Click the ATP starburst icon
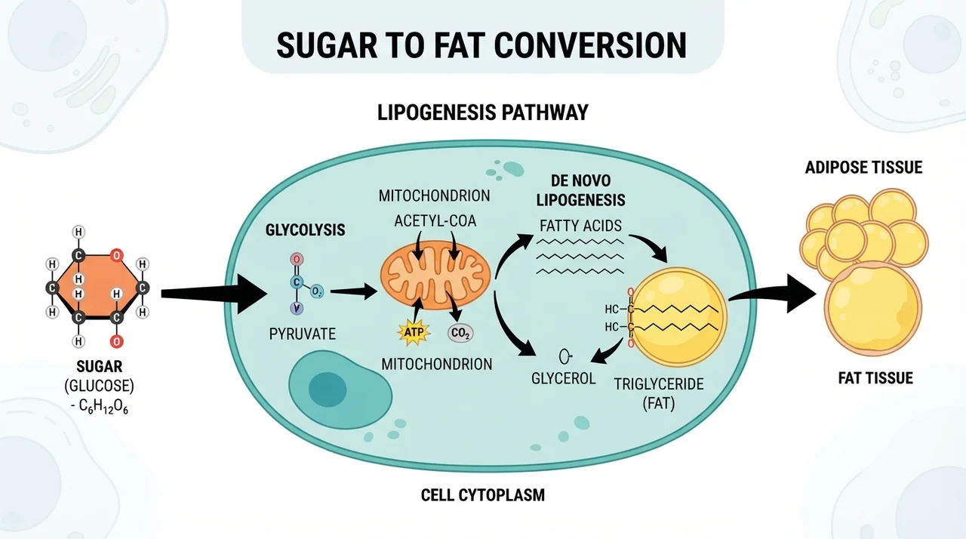pos(414,332)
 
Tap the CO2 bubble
pos(460,333)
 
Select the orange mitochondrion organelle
pos(435,275)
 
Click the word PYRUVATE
pos(303,334)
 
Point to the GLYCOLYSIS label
pos(305,229)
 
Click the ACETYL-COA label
pos(435,221)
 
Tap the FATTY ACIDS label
pos(580,226)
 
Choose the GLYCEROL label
pos(563,379)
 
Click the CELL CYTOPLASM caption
pos(482,495)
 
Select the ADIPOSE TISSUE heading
pos(863,168)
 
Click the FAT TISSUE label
pos(875,378)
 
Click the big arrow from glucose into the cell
pos(214,294)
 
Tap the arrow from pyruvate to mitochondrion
pos(354,292)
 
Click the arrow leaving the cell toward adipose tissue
pos(772,294)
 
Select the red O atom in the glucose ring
pos(116,256)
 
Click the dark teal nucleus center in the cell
pos(328,390)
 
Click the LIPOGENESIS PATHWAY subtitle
pos(482,112)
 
